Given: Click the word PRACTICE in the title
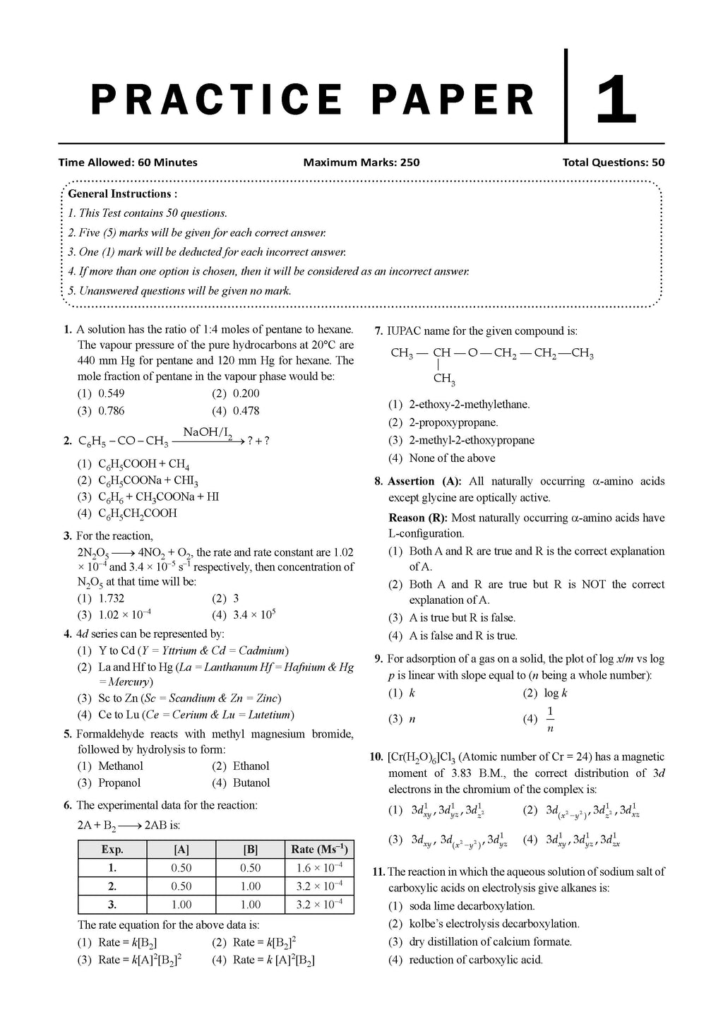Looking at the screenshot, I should point(216,100).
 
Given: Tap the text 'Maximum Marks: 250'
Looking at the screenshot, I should point(361,162).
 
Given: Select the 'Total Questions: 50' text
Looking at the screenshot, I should point(613,162).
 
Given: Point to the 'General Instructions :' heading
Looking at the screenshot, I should point(123,194).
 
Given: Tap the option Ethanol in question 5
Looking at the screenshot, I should point(251,766).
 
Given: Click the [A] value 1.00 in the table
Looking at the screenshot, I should point(181,905).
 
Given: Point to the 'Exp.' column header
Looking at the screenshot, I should point(112,850).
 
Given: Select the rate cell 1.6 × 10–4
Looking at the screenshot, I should point(319,868).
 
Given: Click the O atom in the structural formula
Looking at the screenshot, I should point(472,353).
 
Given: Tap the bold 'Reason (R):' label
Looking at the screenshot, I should point(418,518).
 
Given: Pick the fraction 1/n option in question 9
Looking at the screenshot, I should point(550,719).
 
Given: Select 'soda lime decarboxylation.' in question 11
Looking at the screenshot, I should point(472,906).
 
